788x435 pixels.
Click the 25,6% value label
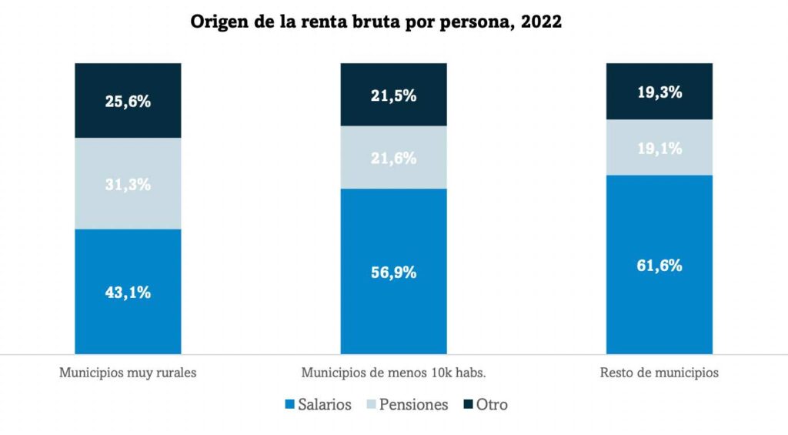pyautogui.click(x=128, y=101)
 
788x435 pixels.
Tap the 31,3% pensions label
pyautogui.click(x=128, y=184)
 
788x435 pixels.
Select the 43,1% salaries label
pyautogui.click(x=128, y=292)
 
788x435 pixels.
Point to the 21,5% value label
pyautogui.click(x=393, y=95)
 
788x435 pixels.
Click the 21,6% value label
pyautogui.click(x=393, y=158)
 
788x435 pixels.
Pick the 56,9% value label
pyautogui.click(x=393, y=272)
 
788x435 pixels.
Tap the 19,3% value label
pyautogui.click(x=659, y=92)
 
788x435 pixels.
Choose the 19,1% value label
pyautogui.click(x=659, y=148)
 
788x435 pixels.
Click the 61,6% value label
pyautogui.click(x=659, y=265)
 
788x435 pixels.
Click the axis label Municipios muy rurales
pyautogui.click(x=128, y=373)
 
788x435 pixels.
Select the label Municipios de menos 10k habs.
pyautogui.click(x=393, y=373)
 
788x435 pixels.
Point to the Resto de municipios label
pyautogui.click(x=659, y=373)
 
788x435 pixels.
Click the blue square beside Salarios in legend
pyautogui.click(x=289, y=404)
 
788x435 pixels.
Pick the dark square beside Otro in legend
pyautogui.click(x=468, y=404)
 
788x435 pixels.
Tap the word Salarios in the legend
pyautogui.click(x=325, y=404)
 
